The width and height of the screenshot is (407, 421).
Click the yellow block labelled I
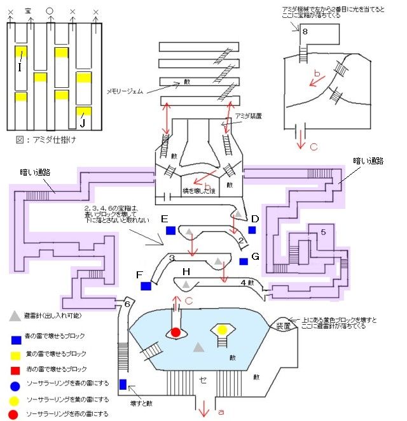[20, 54]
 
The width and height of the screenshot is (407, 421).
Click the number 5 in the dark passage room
[323, 232]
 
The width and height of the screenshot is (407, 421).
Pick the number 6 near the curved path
[127, 304]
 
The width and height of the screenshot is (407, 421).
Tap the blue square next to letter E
[170, 231]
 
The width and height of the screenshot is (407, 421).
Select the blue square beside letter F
[147, 287]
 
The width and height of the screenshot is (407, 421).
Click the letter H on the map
[186, 273]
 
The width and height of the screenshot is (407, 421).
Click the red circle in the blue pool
[176, 332]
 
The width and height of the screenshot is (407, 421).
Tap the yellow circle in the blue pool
[223, 330]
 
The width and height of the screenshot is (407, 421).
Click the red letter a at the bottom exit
[221, 413]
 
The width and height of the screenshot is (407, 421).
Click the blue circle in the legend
[14, 385]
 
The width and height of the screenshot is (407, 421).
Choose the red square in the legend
[14, 369]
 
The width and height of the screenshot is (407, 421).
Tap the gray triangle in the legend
[14, 315]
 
